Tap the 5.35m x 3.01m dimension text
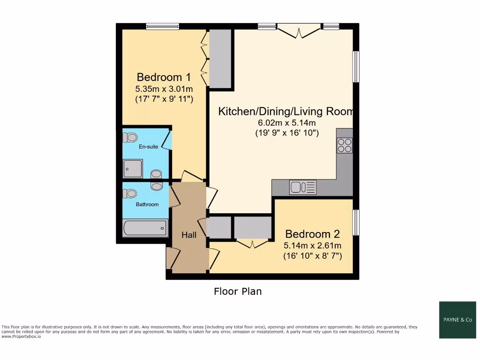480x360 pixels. point(164,89)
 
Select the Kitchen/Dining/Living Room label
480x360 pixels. point(285,111)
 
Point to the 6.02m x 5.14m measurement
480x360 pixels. point(287,123)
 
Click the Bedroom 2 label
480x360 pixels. point(312,234)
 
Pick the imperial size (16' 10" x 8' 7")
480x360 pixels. point(312,256)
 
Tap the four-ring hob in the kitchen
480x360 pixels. point(345,145)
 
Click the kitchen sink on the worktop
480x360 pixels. point(303,187)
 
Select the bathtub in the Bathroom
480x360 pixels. point(145,228)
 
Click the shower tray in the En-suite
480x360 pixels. point(133,169)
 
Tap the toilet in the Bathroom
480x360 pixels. point(130,193)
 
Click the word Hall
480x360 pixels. point(189,235)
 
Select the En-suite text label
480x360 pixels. point(148,147)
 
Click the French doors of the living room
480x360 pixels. point(299,30)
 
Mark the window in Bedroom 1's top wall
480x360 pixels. point(162,27)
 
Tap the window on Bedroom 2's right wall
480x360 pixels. point(356,222)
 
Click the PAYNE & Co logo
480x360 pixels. point(457,320)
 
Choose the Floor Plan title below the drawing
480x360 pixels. point(238,292)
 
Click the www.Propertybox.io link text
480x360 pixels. point(21,337)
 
